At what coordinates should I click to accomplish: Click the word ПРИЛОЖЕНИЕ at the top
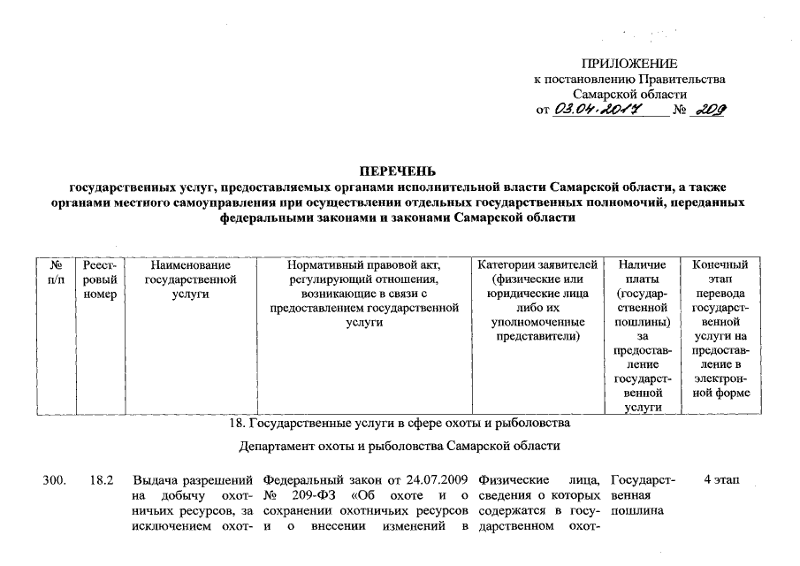(629, 64)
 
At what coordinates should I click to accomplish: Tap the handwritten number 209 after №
(711, 109)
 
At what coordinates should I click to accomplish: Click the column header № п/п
(56, 272)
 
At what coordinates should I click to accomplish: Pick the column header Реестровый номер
(100, 279)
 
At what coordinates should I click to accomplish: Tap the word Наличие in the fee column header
(643, 265)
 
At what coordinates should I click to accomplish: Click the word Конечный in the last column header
(720, 265)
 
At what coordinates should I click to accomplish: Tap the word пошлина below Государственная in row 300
(638, 512)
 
